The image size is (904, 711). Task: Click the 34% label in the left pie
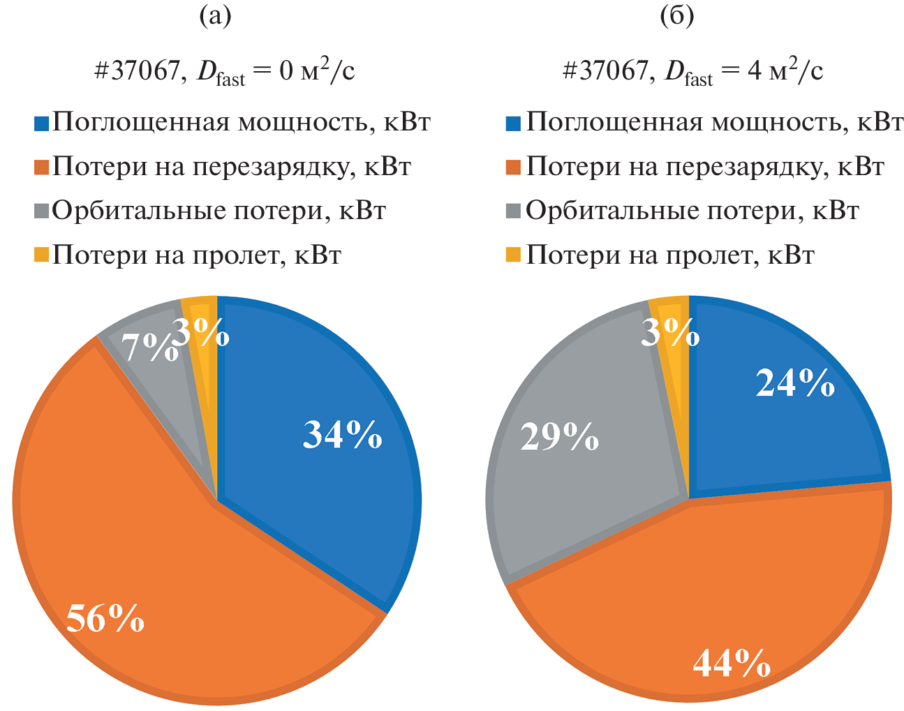[x=342, y=434]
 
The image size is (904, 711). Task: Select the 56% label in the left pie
[x=105, y=618]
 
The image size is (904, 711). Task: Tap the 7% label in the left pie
[x=147, y=346]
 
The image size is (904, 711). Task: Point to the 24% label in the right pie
[x=795, y=382]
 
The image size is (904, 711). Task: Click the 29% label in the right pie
[x=560, y=437]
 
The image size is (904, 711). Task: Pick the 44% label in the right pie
[x=732, y=662]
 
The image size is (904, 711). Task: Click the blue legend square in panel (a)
[x=41, y=124]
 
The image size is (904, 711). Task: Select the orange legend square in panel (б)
[x=514, y=167]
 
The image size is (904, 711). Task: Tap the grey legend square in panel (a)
[x=41, y=211]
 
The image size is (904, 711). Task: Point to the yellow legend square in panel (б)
[x=514, y=256]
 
